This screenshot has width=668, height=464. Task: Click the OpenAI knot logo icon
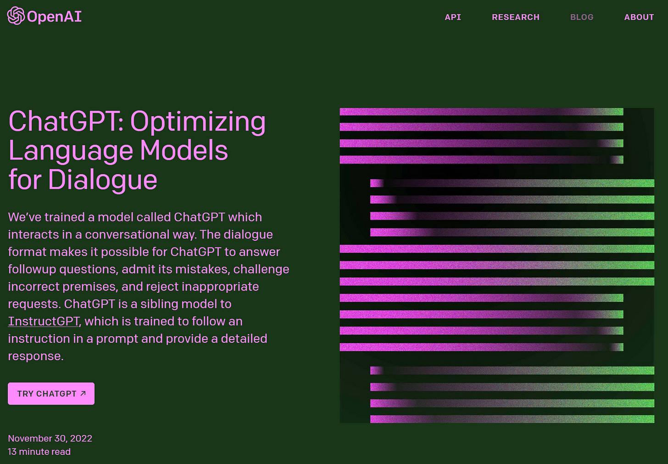tap(16, 16)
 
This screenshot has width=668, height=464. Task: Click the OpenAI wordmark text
tap(54, 17)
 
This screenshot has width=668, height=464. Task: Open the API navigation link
tap(453, 17)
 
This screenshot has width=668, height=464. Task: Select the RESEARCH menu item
tap(516, 17)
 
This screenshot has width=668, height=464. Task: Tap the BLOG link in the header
tap(582, 17)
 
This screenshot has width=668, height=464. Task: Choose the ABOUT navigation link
tap(639, 17)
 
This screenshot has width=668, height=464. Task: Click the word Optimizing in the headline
tap(198, 122)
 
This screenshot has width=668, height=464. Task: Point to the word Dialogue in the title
tap(102, 181)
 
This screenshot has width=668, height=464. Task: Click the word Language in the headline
tap(71, 152)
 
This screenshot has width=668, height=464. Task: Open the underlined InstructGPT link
tap(44, 321)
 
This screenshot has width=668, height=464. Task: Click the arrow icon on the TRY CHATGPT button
tap(83, 394)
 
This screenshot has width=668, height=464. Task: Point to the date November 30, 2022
tap(50, 438)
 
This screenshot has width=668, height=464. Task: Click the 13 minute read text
tap(39, 452)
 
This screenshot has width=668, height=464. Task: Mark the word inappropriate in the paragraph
tap(220, 287)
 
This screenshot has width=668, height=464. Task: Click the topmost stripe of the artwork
tap(481, 112)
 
